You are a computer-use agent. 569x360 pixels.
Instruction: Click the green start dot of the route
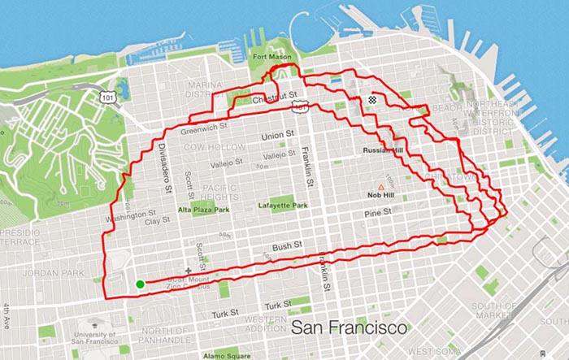pyautogui.click(x=140, y=284)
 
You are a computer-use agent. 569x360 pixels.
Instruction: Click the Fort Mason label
pyautogui.click(x=271, y=58)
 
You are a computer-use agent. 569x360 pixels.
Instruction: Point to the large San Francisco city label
pyautogui.click(x=349, y=328)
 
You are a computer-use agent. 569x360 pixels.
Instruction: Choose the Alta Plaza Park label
pyautogui.click(x=203, y=209)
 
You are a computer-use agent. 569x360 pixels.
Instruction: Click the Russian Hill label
pyautogui.click(x=383, y=151)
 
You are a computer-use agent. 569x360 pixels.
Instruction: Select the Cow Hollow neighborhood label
pyautogui.click(x=215, y=147)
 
